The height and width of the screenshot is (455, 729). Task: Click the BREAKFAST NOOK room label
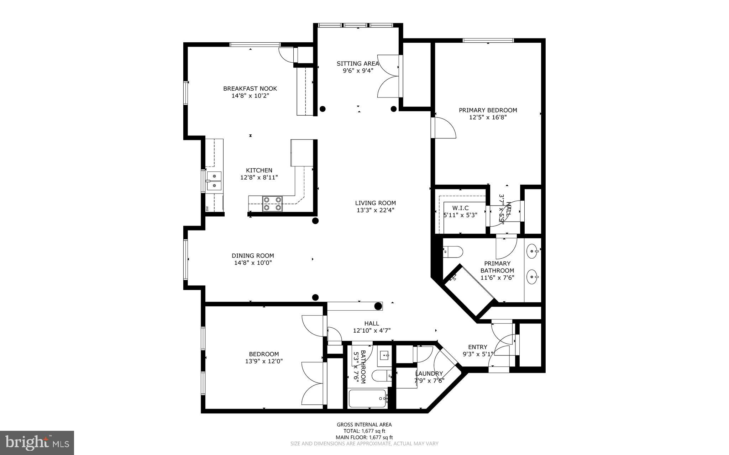250,89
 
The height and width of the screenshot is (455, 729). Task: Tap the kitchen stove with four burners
272,204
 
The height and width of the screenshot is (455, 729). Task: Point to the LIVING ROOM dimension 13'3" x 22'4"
375,210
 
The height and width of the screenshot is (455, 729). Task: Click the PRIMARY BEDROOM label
488,110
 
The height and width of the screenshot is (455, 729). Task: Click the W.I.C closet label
460,208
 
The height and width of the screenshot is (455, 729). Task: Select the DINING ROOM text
253,256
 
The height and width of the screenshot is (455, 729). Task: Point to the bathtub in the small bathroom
368,399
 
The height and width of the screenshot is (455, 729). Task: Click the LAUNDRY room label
429,374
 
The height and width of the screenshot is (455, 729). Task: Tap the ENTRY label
477,347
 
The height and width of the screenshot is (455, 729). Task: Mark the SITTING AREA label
358,64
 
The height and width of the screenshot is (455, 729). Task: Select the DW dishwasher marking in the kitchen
207,208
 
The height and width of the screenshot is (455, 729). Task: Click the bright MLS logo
37,443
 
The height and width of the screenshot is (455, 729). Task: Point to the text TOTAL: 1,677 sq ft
364,431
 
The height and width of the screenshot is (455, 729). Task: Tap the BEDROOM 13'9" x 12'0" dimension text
264,361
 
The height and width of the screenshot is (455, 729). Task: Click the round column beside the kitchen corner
315,221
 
